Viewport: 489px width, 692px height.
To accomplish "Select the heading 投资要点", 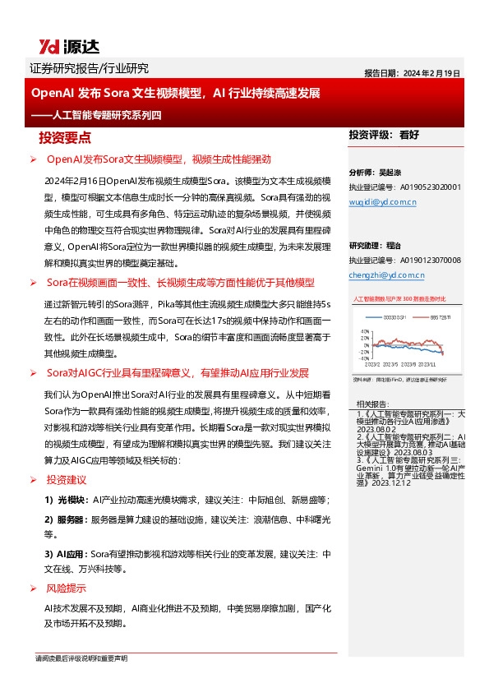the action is click(71, 136).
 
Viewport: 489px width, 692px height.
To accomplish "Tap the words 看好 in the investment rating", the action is click(409, 134).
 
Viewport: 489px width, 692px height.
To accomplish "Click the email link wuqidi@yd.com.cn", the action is click(383, 201).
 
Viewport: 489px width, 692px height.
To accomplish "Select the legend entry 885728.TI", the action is click(445, 317).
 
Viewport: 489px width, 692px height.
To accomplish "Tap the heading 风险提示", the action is click(67, 588).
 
